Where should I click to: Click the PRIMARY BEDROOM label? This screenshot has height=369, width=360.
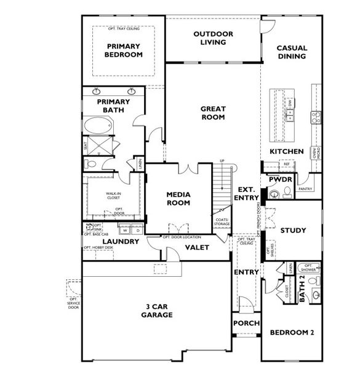click(x=124, y=50)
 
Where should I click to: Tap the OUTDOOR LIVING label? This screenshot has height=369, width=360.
click(x=209, y=38)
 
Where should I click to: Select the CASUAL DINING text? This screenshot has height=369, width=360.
click(x=292, y=53)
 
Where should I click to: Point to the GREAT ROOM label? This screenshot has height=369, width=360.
click(x=212, y=113)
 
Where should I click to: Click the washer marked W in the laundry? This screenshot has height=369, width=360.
click(x=126, y=231)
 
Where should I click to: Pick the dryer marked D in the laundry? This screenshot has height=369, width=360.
click(x=137, y=231)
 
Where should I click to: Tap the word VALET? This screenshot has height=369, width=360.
click(x=198, y=247)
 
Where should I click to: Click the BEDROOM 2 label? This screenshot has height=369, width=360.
click(x=292, y=333)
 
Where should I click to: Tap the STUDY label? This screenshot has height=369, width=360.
click(x=293, y=231)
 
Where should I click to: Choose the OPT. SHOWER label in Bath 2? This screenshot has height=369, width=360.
click(x=308, y=268)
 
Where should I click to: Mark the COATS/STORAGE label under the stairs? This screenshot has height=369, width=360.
click(x=222, y=222)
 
